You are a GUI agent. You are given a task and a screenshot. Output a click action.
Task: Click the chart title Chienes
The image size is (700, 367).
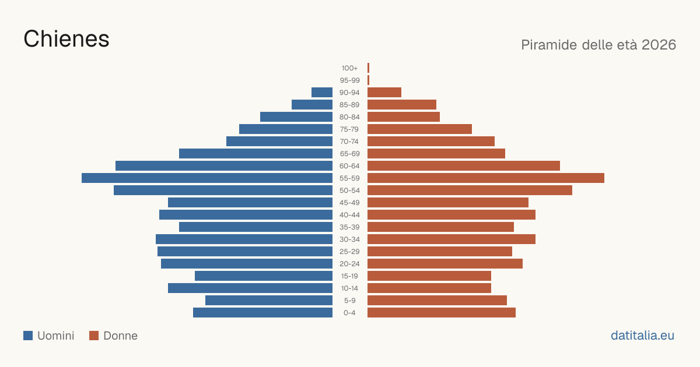click(66, 39)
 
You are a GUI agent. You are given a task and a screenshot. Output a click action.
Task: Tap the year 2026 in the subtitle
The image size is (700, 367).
click(659, 45)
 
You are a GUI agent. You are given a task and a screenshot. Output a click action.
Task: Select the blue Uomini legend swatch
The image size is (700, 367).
click(28, 336)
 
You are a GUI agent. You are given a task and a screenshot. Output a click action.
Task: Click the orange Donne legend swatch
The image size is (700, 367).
click(94, 336)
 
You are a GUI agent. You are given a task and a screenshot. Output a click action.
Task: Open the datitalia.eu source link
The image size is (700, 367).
click(642, 336)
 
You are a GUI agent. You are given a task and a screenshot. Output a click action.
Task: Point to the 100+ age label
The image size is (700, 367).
click(349, 68)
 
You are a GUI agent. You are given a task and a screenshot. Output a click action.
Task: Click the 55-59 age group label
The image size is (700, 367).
click(349, 178)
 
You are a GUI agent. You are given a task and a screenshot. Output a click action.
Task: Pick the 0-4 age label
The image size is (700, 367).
click(349, 313)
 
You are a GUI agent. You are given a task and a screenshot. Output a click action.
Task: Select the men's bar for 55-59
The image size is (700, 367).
click(207, 178)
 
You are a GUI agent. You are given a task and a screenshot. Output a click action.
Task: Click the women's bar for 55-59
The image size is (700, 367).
click(486, 178)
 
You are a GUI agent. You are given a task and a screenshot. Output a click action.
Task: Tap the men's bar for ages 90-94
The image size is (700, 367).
click(322, 93)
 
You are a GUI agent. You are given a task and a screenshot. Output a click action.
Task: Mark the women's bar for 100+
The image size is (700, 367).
click(369, 68)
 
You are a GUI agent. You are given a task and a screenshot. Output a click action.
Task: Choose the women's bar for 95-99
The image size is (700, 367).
click(369, 80)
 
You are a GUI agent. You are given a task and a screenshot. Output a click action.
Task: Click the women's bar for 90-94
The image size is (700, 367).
click(384, 93)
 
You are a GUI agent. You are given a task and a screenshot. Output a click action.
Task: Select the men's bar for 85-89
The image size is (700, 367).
click(312, 104)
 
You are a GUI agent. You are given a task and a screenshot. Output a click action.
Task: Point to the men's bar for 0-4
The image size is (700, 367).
click(263, 313)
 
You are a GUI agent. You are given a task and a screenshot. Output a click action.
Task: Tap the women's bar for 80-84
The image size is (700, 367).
click(404, 117)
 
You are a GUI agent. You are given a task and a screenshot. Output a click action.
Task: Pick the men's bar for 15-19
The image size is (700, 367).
click(264, 276)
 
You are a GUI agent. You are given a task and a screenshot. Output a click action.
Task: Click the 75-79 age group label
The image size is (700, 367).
click(349, 129)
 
